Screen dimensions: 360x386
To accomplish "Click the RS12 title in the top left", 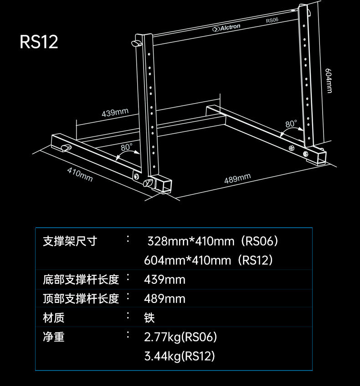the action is click(39, 42).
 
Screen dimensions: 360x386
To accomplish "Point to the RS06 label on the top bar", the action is click(272, 21).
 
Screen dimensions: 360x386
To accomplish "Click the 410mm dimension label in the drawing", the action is click(80, 174).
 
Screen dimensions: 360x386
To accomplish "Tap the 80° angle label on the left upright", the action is click(127, 147).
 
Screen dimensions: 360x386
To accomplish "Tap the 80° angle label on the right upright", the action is click(291, 124).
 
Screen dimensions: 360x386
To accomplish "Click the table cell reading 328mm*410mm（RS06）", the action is click(213, 240).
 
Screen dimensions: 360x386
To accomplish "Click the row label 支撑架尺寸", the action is click(70, 240).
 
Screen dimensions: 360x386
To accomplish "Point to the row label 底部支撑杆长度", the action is click(81, 279).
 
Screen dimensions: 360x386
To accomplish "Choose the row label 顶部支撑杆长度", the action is click(81, 298).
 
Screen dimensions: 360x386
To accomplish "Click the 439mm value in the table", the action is click(165, 279).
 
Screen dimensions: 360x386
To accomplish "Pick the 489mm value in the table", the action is click(165, 298).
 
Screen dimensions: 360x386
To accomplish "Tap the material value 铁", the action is click(149, 318).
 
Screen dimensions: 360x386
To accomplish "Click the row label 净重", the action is click(53, 337).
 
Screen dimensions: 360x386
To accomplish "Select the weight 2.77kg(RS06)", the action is click(180, 337).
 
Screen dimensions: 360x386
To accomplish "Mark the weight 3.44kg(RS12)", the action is click(179, 356).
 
